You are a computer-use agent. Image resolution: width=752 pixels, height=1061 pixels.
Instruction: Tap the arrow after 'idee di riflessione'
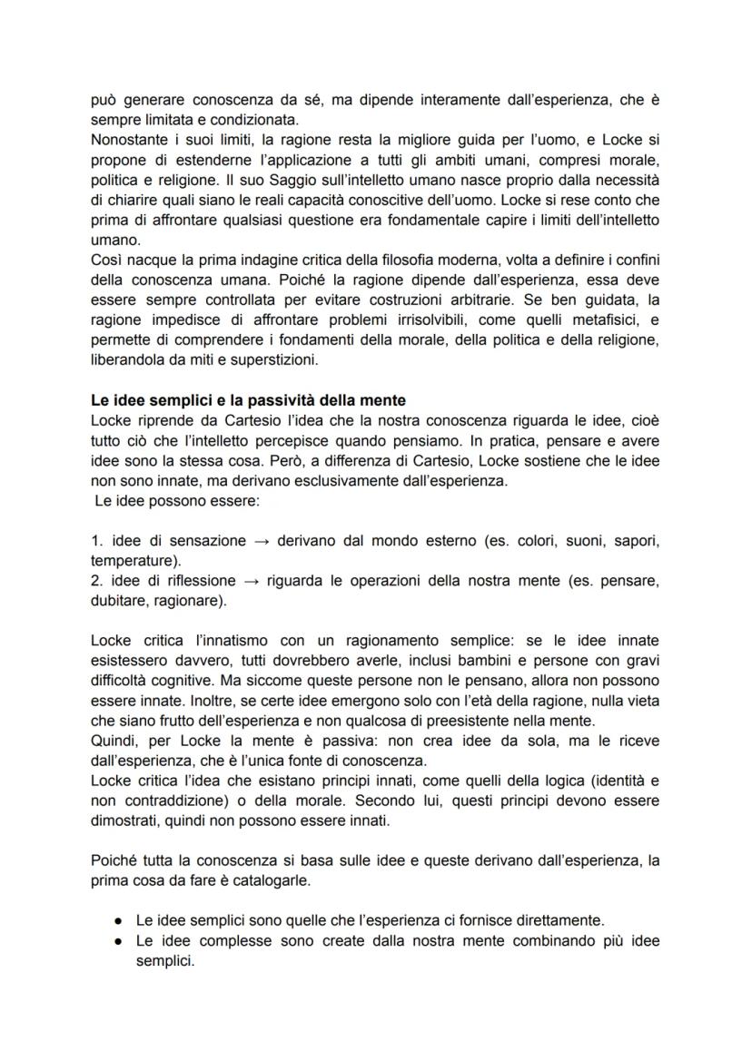click(x=250, y=581)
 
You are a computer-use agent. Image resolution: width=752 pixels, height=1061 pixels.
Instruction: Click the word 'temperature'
click(x=133, y=561)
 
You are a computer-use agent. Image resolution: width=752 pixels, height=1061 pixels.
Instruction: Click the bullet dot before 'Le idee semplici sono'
click(x=120, y=919)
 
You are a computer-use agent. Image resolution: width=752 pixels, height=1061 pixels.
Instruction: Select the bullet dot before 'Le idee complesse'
click(x=120, y=942)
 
